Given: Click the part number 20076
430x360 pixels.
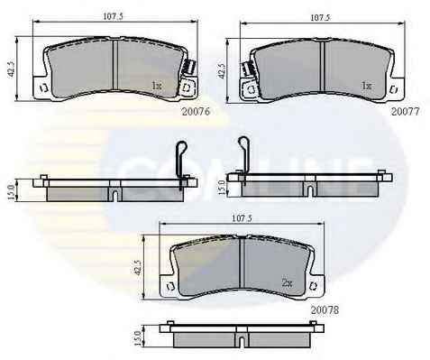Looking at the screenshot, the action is pos(196,112).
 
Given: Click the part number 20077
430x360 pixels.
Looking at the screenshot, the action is pos(405,112).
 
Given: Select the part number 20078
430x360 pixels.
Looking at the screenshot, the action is pos(325,310).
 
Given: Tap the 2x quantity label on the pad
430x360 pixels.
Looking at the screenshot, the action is pos(287,283).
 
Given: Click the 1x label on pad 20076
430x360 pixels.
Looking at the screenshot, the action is pos(157,86).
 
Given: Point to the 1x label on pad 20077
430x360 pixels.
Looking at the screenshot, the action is pos(366,86).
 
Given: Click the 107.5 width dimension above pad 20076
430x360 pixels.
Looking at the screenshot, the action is pos(113,16).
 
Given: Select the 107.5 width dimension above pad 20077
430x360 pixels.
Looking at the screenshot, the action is pos(320,17).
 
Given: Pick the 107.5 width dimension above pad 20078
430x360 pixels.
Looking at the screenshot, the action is pos(242,218).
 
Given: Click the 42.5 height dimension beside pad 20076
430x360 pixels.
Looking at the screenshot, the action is pos(12,69).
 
